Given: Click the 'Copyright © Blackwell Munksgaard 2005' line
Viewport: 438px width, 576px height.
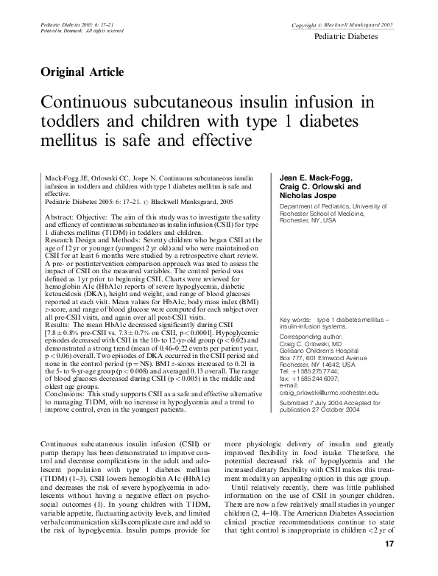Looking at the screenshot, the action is [x=342, y=26].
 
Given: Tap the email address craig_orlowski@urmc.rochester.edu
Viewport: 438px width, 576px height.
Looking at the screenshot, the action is [x=328, y=373].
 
